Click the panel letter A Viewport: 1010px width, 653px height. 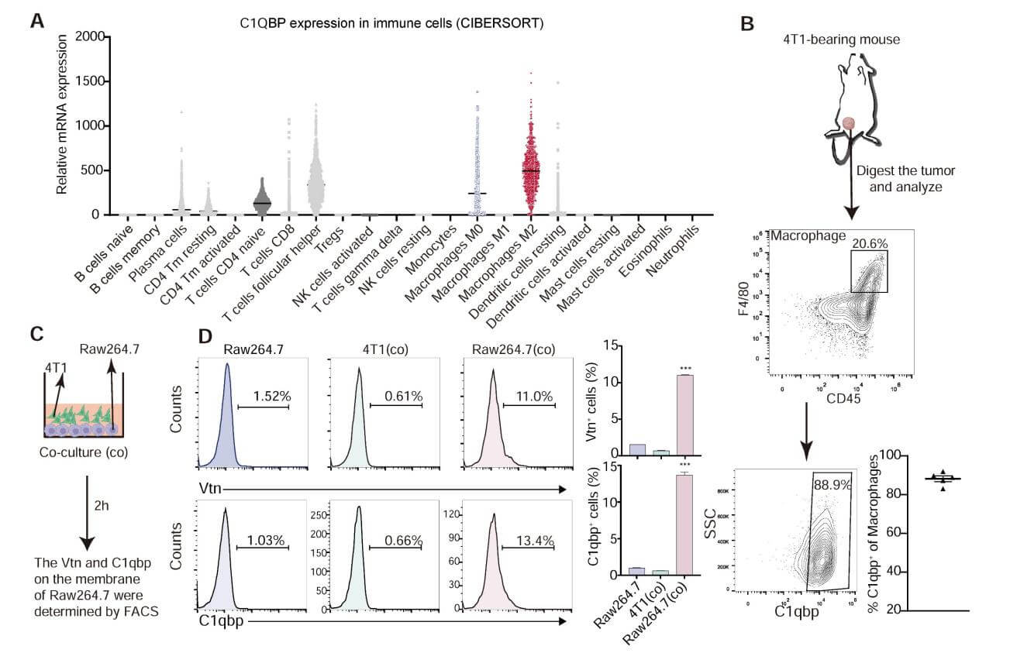pyautogui.click(x=36, y=21)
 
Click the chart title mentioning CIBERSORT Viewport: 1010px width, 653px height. pyautogui.click(x=391, y=23)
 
